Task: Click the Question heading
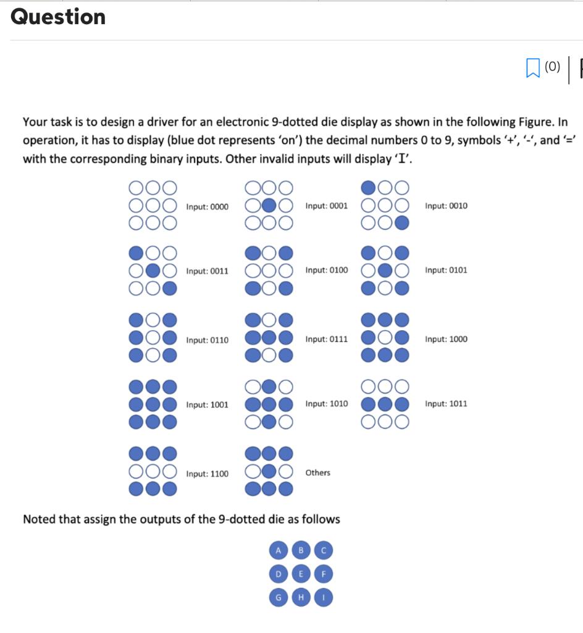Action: (x=58, y=17)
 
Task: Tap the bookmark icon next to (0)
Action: (x=532, y=67)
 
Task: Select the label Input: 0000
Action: (x=207, y=206)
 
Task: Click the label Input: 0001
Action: (x=326, y=205)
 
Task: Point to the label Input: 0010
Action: (x=446, y=205)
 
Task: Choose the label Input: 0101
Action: (x=446, y=270)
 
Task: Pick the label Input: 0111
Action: (x=326, y=339)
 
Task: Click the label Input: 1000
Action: (x=446, y=339)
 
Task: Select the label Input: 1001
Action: (x=207, y=405)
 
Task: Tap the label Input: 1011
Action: (x=446, y=404)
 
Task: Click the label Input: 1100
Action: (x=207, y=474)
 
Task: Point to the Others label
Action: (x=317, y=473)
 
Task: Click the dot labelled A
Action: (x=278, y=550)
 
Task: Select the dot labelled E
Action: (x=301, y=574)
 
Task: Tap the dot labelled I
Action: (x=324, y=598)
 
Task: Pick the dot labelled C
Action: (x=324, y=550)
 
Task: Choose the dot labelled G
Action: (x=278, y=598)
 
